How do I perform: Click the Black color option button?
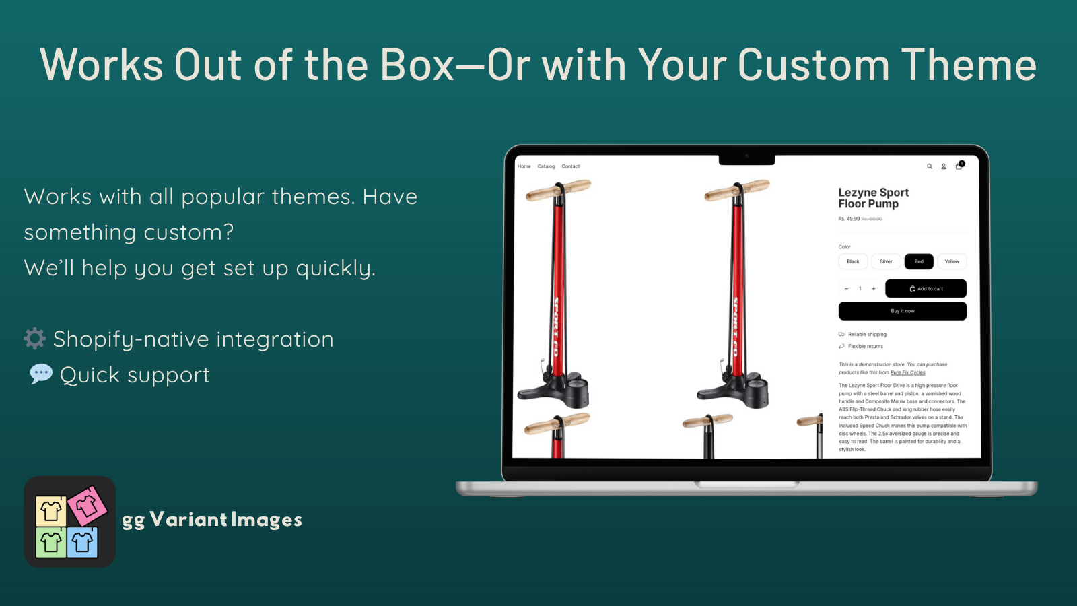pos(853,261)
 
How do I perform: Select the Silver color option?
pos(886,261)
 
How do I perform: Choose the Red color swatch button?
pos(919,261)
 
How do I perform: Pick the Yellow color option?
pos(952,261)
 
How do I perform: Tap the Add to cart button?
pos(926,288)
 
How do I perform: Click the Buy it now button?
pos(902,311)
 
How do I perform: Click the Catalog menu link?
pos(546,166)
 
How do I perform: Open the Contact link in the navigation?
pos(570,166)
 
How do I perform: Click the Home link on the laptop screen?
pos(524,166)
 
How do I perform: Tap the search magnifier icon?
pos(930,166)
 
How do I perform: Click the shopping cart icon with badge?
pos(959,166)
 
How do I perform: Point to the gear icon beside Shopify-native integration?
pos(35,339)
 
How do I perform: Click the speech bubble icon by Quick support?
pos(41,374)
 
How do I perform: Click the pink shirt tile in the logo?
pos(87,506)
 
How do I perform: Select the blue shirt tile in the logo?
pos(82,542)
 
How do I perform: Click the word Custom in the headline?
pos(813,65)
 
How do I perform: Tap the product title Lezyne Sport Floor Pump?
pos(873,198)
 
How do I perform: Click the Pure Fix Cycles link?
pos(907,372)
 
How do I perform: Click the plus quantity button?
pos(874,288)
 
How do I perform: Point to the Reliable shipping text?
pos(867,334)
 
